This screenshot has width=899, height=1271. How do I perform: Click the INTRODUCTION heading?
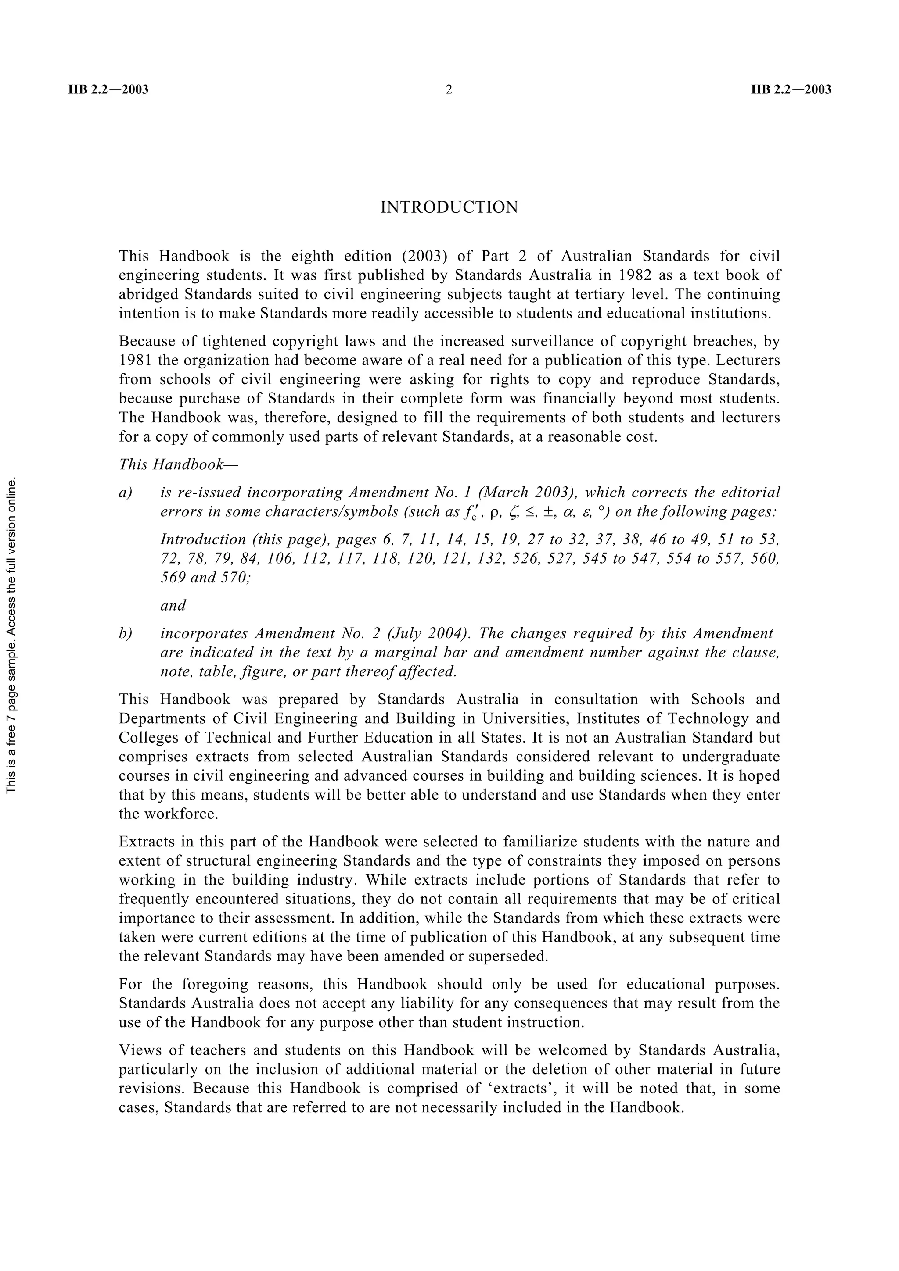(x=449, y=207)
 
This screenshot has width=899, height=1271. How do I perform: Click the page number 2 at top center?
(x=449, y=89)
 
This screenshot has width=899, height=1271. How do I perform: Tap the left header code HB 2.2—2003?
(x=108, y=89)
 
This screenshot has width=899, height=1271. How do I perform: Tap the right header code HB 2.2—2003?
(x=791, y=89)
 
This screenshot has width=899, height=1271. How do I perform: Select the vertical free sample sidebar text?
(x=12, y=635)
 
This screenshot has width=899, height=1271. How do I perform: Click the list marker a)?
(x=126, y=493)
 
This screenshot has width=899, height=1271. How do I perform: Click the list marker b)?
(x=126, y=633)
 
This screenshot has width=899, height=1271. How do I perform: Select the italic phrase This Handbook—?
(x=178, y=464)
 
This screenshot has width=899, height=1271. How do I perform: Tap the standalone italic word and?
(x=173, y=606)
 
